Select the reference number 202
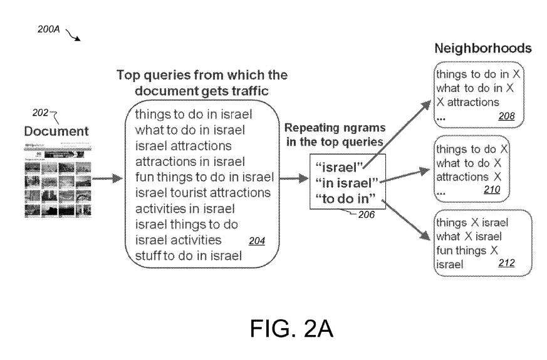41,115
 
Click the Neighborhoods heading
484,48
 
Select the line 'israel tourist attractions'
202,191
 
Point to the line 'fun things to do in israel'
201,176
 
